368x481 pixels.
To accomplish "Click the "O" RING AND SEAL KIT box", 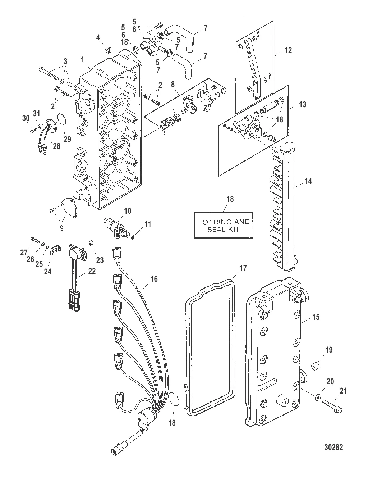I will pyautogui.click(x=222, y=226).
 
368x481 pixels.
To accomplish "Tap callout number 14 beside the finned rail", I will pyautogui.click(x=308, y=181).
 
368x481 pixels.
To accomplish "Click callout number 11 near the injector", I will pyautogui.click(x=147, y=224).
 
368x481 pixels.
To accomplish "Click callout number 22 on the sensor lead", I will pyautogui.click(x=92, y=271).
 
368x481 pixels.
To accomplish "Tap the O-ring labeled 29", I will pyautogui.click(x=62, y=119).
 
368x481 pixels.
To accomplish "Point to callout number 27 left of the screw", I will pyautogui.click(x=24, y=253).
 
